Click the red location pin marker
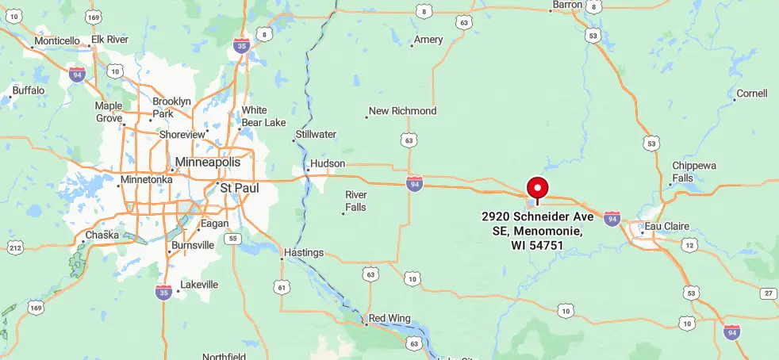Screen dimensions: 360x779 tap(538, 189)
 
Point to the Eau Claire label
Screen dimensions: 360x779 tap(664, 226)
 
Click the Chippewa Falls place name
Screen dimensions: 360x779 tap(694, 171)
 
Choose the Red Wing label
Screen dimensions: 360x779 tap(389, 318)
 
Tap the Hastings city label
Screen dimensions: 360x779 tap(304, 252)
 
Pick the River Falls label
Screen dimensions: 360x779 tap(356, 201)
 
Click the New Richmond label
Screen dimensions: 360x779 tap(403, 111)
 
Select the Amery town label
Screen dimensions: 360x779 tap(428, 40)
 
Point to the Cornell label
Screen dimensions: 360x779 tap(752, 94)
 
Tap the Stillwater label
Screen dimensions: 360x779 tap(316, 134)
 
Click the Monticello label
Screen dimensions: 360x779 tap(57, 40)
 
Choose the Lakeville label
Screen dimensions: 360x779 tap(199, 284)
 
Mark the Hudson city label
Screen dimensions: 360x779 tap(328, 163)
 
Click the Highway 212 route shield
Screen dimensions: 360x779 tap(14, 247)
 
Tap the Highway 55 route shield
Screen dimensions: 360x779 tap(232, 238)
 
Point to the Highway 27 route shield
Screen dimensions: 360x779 tap(768, 293)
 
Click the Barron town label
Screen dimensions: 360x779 tap(567, 5)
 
